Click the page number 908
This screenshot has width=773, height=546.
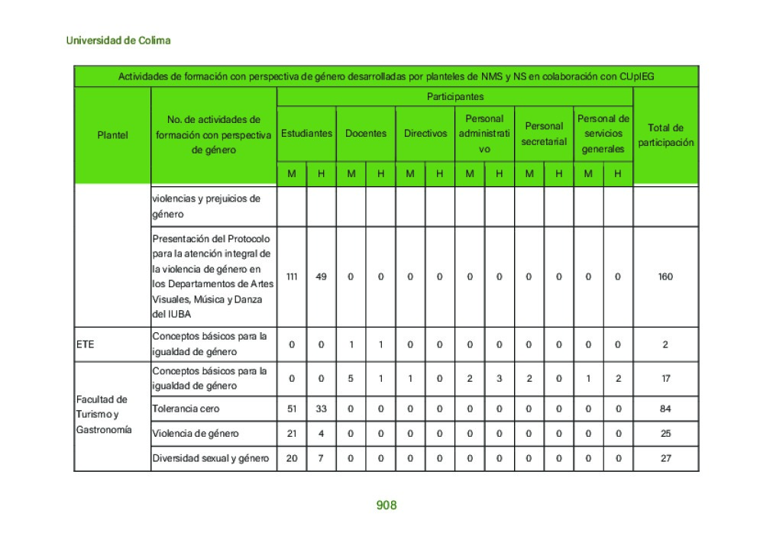pyautogui.click(x=386, y=506)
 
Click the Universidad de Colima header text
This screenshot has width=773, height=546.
pyautogui.click(x=118, y=40)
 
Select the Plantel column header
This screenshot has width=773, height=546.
pyautogui.click(x=112, y=134)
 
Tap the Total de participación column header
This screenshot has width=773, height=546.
pyautogui.click(x=665, y=134)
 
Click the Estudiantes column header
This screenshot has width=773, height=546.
pyautogui.click(x=306, y=133)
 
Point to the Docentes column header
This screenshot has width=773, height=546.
pyautogui.click(x=365, y=133)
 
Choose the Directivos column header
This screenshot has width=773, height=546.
pyautogui.click(x=425, y=133)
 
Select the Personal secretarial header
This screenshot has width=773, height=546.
pyautogui.click(x=544, y=133)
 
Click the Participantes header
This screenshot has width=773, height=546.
pyautogui.click(x=454, y=96)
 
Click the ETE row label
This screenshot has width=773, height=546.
pyautogui.click(x=86, y=344)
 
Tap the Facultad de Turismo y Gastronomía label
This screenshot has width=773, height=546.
pyautogui.click(x=103, y=415)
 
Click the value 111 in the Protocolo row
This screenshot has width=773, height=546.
pyautogui.click(x=292, y=276)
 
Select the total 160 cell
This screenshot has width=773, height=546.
pyautogui.click(x=665, y=276)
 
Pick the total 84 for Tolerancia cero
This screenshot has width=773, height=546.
pyautogui.click(x=665, y=409)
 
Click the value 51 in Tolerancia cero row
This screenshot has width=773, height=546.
pyautogui.click(x=292, y=409)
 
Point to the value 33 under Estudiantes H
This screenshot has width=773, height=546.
pyautogui.click(x=321, y=409)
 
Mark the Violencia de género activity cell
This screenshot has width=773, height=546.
pyautogui.click(x=196, y=434)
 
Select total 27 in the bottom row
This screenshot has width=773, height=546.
pyautogui.click(x=665, y=458)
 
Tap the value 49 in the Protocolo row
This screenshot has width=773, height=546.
pyautogui.click(x=321, y=276)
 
